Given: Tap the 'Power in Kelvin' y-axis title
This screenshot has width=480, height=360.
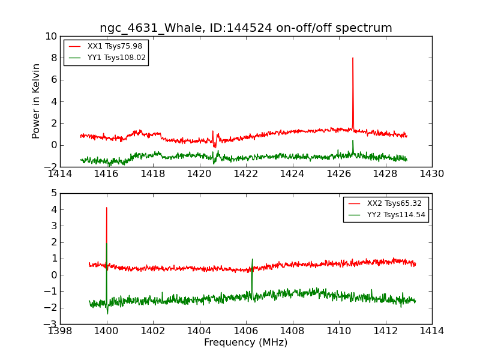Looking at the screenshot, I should pos(37,101).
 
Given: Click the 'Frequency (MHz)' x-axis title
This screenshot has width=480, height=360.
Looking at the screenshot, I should pos(246,343).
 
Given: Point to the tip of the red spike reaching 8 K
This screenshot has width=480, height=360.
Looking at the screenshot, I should pos(353,58).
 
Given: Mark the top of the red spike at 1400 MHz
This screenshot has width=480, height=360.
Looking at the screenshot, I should pos(107,208).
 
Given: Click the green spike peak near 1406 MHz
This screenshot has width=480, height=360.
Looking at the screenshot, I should pos(253,259).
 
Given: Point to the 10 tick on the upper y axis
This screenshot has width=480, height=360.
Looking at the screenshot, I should pos(50,36).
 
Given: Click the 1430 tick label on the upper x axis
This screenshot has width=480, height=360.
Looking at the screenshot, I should pos(432,174).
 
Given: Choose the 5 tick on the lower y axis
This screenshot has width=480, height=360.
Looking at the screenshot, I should pos(53,193).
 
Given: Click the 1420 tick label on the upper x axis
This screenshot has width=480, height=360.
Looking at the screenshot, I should pos(200,174).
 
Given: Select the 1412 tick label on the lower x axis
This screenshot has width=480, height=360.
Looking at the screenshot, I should pos(385,331).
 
